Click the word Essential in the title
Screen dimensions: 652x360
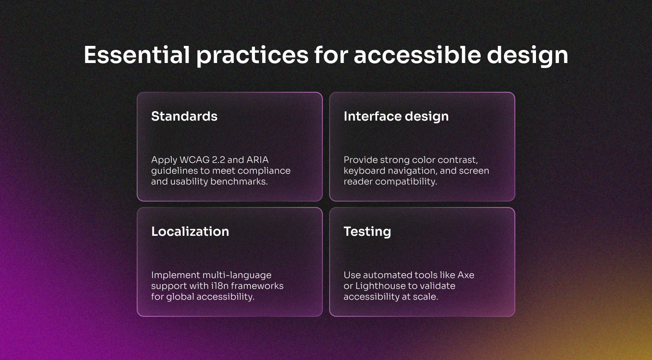click(x=137, y=55)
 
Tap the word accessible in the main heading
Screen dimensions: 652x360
click(x=417, y=55)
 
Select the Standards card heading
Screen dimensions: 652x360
click(x=184, y=116)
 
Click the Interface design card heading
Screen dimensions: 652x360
click(x=396, y=116)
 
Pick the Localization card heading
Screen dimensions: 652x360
click(x=190, y=232)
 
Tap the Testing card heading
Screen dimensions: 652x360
click(x=367, y=232)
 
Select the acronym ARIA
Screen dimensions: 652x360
click(x=257, y=160)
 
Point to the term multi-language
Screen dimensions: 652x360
click(x=237, y=275)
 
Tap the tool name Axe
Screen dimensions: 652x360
click(x=466, y=275)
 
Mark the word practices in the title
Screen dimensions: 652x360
click(x=252, y=55)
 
